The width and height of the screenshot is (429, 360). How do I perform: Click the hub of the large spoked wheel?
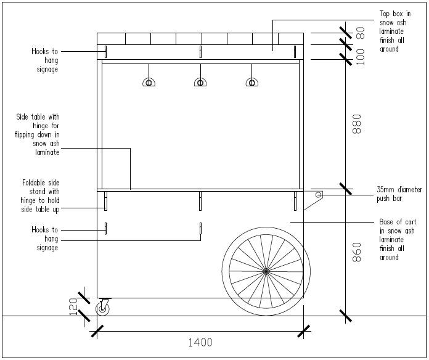[266, 271]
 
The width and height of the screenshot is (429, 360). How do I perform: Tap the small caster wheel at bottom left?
[102, 308]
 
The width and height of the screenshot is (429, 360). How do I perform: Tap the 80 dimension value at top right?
[361, 33]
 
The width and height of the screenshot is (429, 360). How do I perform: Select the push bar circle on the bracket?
[319, 195]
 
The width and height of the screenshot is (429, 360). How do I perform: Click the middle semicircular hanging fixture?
[200, 82]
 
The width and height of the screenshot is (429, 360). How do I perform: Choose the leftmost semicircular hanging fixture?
[149, 82]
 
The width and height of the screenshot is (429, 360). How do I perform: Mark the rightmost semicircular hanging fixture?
[251, 82]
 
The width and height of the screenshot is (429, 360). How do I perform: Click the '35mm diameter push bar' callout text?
[399, 194]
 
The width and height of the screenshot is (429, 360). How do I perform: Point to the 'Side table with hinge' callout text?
[39, 134]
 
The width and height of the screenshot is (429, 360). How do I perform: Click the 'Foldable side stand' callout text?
[40, 197]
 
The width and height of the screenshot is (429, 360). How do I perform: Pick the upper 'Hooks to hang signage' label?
[45, 60]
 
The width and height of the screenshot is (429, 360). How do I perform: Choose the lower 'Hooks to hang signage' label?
[45, 239]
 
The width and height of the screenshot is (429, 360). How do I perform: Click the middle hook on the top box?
[200, 51]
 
